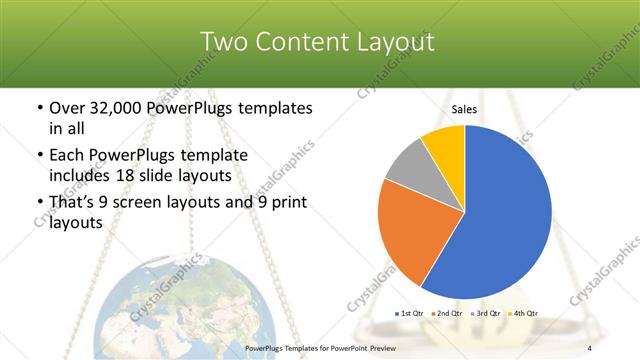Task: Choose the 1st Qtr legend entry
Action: (x=411, y=313)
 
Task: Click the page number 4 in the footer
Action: (x=591, y=347)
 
